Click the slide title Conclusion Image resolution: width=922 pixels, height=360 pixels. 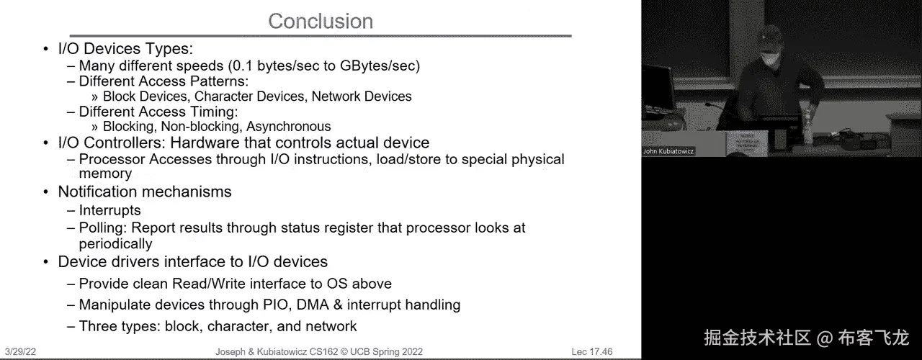tap(321, 21)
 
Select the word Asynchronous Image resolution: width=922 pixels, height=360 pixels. tap(289, 126)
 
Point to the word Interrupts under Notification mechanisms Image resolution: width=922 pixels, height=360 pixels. tap(110, 210)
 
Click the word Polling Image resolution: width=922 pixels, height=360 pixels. tap(103, 228)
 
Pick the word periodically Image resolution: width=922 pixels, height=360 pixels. tap(116, 244)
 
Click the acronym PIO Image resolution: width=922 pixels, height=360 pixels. tap(274, 305)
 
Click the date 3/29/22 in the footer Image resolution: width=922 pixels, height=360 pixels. tap(20, 352)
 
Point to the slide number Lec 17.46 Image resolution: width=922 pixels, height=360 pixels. tap(592, 352)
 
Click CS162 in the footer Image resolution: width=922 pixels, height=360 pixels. tap(323, 352)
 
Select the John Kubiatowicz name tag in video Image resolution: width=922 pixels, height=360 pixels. tap(668, 151)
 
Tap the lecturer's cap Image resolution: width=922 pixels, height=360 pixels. tap(769, 35)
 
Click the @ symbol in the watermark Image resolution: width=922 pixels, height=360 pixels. tap(825, 338)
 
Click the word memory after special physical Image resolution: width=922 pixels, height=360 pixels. tap(105, 174)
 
